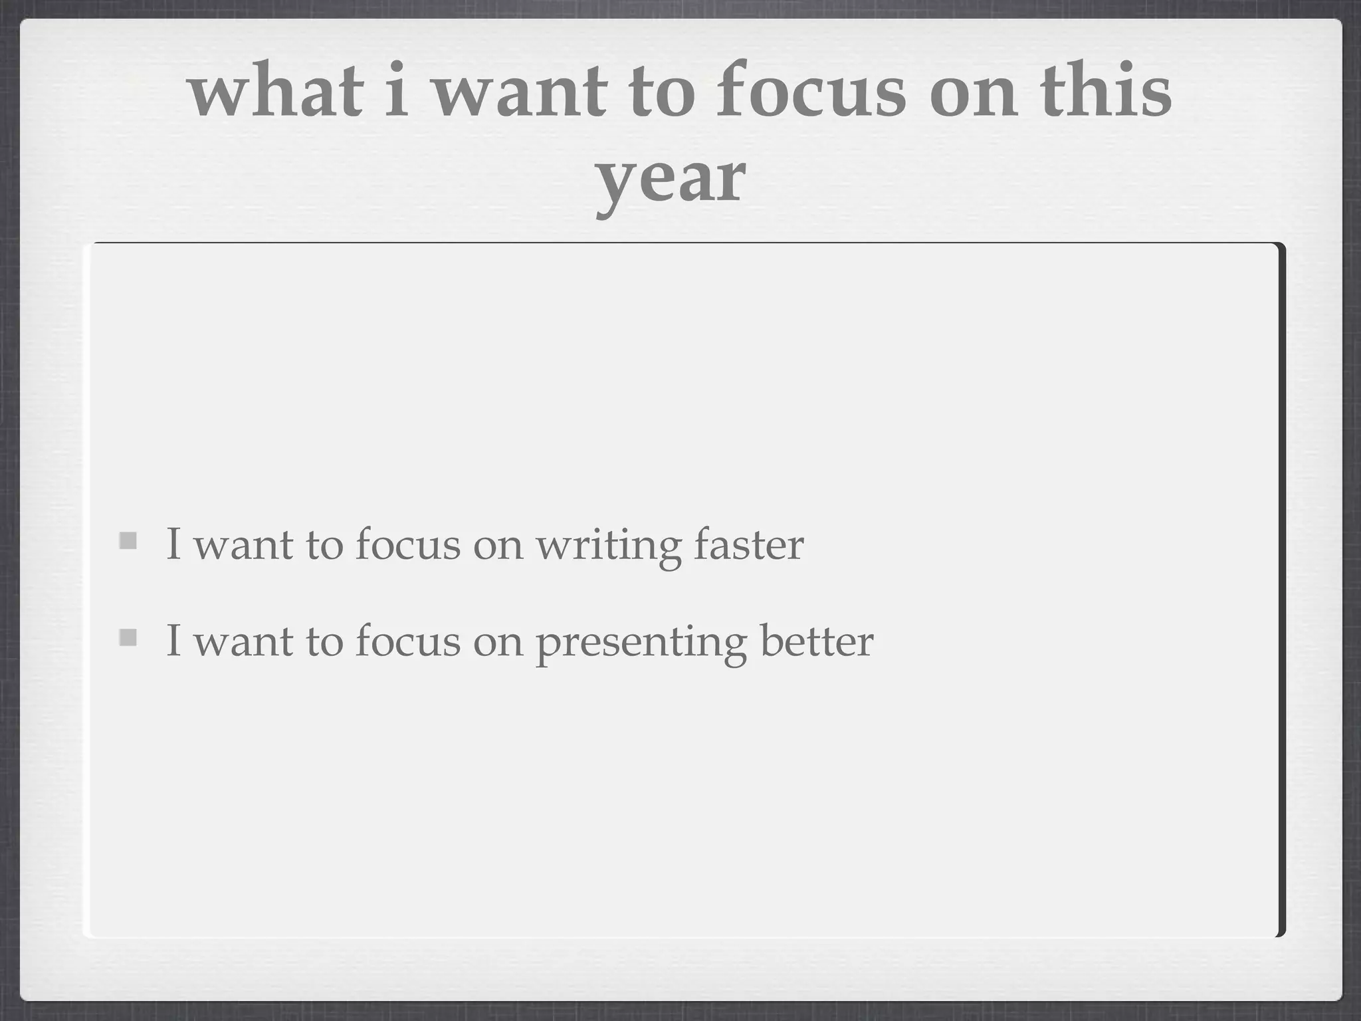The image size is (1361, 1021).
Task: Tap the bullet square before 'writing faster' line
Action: tap(128, 540)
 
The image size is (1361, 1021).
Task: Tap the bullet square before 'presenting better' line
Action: tap(128, 637)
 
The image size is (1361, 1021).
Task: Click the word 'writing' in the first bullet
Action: tap(608, 545)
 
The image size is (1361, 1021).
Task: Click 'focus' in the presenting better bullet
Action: tap(407, 641)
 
